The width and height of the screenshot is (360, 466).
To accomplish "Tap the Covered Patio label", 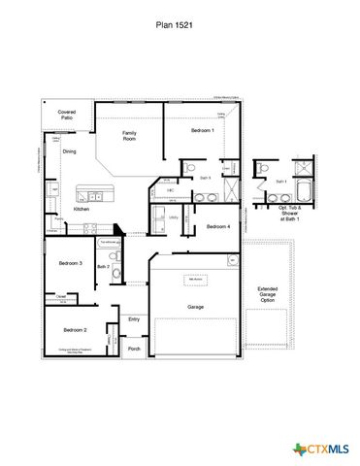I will tap(67, 116).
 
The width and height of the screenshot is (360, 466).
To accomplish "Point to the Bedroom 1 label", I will tap(202, 129).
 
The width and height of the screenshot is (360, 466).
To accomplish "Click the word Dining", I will tap(69, 151).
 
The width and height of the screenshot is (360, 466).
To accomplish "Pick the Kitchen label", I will tap(82, 209).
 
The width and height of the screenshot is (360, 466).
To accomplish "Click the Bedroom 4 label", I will tap(218, 226).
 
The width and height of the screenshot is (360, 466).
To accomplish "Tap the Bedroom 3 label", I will tap(70, 263).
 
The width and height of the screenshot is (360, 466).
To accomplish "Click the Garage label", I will tap(195, 306).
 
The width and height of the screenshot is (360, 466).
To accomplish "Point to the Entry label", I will tap(134, 318).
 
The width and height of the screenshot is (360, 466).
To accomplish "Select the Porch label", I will tap(134, 349).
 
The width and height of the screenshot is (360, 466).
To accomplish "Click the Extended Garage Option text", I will tap(267, 294).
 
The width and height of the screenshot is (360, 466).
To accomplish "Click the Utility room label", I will tap(173, 217).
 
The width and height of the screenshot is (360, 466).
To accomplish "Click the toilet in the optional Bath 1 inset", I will tap(264, 168).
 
